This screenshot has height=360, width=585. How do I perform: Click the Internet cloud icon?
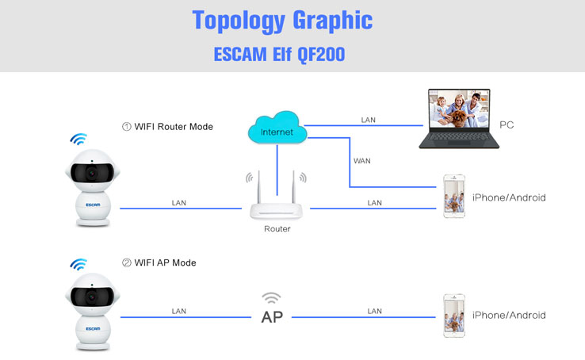tap(277, 128)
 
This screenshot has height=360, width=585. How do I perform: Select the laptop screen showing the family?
tap(459, 109)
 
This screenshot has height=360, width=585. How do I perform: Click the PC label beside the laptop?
tap(507, 124)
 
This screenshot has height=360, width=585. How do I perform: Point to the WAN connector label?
tap(362, 161)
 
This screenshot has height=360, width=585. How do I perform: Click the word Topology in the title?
tap(239, 21)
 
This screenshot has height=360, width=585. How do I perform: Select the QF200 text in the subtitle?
tap(321, 55)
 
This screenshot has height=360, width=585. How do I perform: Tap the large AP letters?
tap(272, 317)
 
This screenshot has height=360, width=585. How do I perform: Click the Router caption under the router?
tap(277, 228)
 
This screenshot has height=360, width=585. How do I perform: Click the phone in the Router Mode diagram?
tap(454, 196)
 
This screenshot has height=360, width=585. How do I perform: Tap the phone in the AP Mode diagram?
tap(454, 316)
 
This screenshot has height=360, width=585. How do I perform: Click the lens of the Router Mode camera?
tap(91, 173)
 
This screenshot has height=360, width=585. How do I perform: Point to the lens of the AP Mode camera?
tap(91, 297)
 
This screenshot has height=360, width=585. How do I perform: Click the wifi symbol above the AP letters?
tap(271, 298)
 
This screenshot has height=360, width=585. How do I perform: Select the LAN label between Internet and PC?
tap(368, 120)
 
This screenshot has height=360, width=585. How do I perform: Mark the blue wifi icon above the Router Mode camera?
tap(78, 139)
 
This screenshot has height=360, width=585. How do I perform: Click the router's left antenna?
tap(258, 186)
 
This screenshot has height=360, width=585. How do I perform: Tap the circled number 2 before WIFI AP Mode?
tap(127, 262)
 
